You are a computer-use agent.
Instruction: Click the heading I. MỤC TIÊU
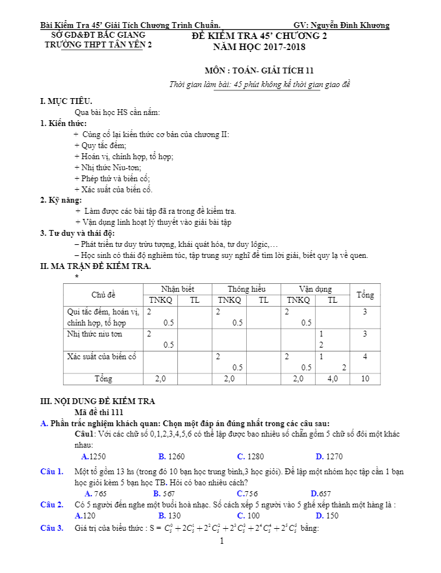coord(66,101)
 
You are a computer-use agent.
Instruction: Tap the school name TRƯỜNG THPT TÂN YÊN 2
coord(98,45)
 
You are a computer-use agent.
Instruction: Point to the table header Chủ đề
coord(103,295)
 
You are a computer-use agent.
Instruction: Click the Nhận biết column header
coord(177,289)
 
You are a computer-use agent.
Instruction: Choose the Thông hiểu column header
coord(246,289)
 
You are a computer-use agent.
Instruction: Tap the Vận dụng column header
coord(315,289)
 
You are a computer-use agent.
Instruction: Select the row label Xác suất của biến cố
coord(102,356)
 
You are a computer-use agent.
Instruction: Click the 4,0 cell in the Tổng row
coord(333,379)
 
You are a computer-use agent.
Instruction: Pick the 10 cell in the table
coord(365,379)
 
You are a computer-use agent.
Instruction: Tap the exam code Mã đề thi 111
coord(104,412)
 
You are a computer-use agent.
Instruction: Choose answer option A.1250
coord(94,456)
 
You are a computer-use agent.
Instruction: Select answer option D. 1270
coord(329,456)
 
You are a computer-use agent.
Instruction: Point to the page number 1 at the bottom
coord(221,541)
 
